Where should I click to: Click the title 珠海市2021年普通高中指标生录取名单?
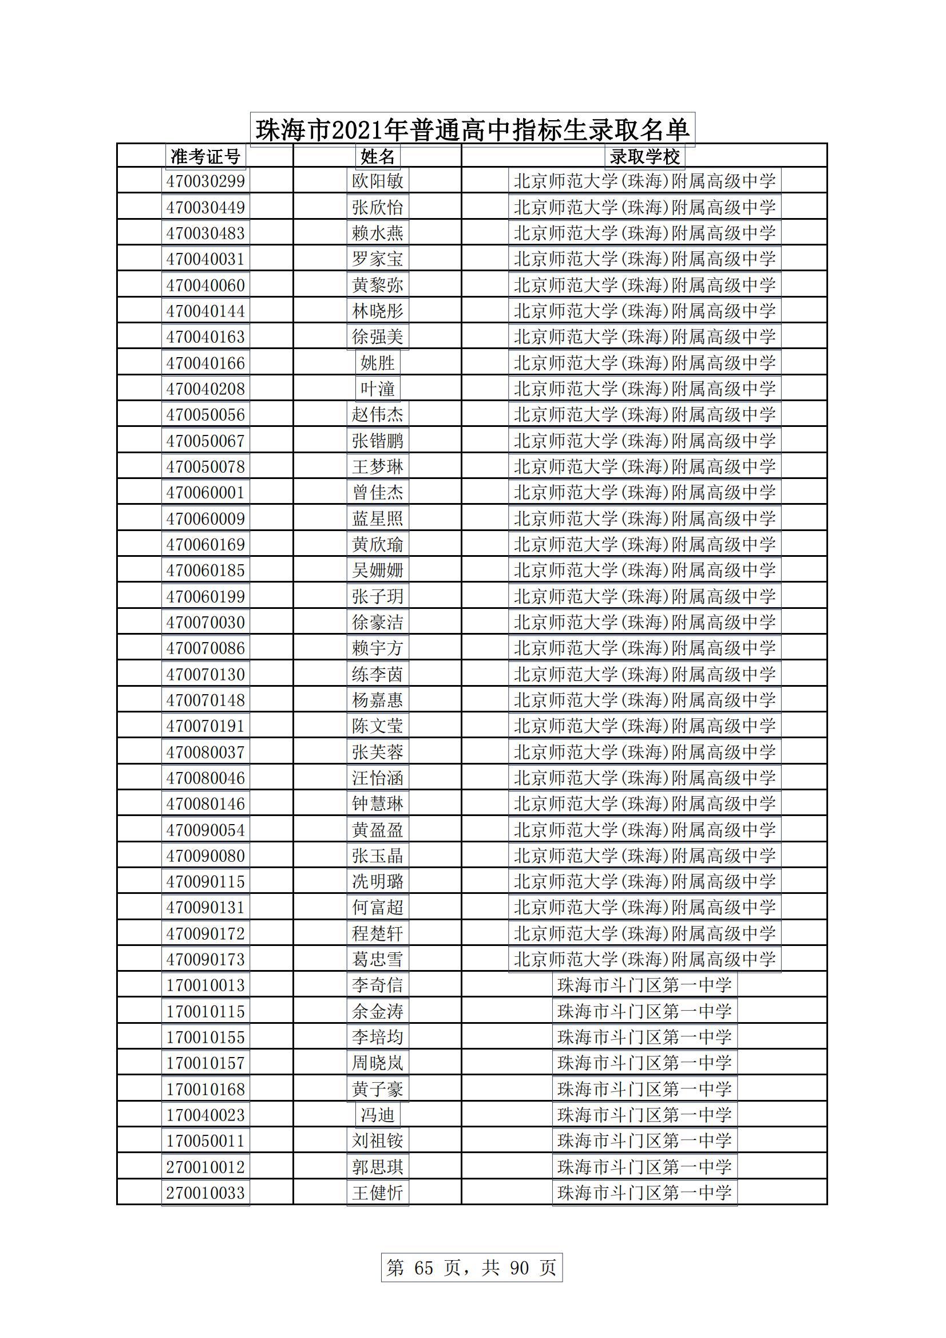pos(472,129)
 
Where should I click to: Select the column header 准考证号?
pos(205,156)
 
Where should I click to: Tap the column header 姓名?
pos(378,156)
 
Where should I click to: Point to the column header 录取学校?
pos(644,156)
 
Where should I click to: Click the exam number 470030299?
pos(205,181)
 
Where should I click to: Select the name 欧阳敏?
pos(378,181)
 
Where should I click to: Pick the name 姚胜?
pos(378,363)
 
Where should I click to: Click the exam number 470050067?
pos(205,441)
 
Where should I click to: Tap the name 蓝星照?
pos(378,518)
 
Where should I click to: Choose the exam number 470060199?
pos(205,596)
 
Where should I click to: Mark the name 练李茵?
pos(378,674)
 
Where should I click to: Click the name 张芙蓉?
pos(378,752)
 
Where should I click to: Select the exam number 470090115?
pos(205,882)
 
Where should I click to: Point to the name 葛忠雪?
pos(378,959)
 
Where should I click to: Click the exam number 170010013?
pos(205,985)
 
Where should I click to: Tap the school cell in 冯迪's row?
pos(644,1115)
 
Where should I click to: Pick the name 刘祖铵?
pos(378,1141)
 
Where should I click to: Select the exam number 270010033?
pos(205,1192)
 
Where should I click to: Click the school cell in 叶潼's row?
pos(644,389)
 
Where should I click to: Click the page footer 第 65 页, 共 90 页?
pos(472,1267)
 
